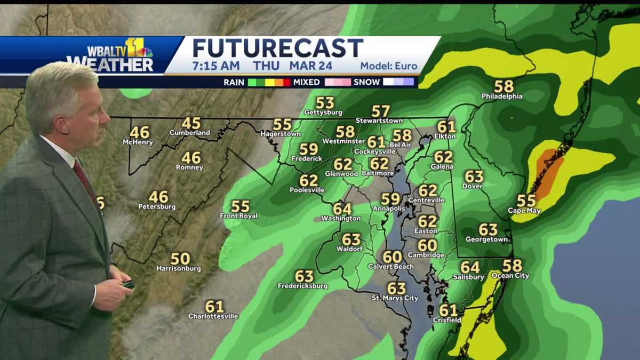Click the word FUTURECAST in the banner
(277, 48)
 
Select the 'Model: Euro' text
(389, 67)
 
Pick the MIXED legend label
(306, 82)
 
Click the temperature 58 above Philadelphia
(503, 86)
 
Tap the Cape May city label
(524, 211)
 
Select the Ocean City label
(510, 276)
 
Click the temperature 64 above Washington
(342, 209)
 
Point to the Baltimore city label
(378, 173)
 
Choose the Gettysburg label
(323, 113)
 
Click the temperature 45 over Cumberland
(191, 123)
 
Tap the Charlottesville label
(213, 316)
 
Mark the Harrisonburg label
(179, 269)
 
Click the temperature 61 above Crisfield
(448, 310)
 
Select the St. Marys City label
(395, 298)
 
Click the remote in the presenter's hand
(129, 284)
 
